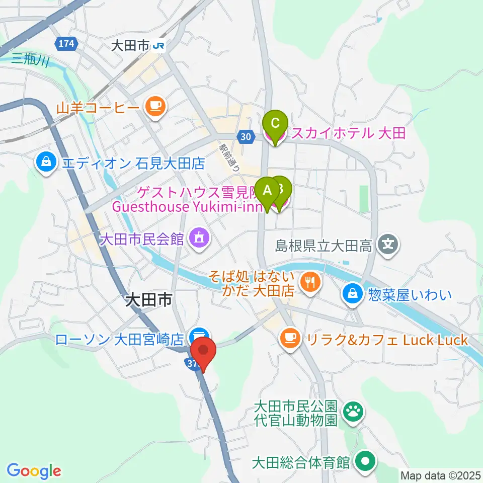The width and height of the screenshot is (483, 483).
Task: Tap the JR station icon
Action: pyautogui.click(x=159, y=46)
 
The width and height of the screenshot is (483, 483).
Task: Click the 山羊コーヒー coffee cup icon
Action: pyautogui.click(x=154, y=106)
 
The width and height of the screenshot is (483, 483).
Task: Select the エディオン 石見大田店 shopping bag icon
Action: pyautogui.click(x=46, y=163)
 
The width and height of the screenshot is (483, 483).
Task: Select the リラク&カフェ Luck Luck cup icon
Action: pyautogui.click(x=290, y=337)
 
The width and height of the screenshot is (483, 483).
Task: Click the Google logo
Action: pyautogui.click(x=34, y=471)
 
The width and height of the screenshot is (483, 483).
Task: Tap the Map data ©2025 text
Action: pyautogui.click(x=440, y=475)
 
